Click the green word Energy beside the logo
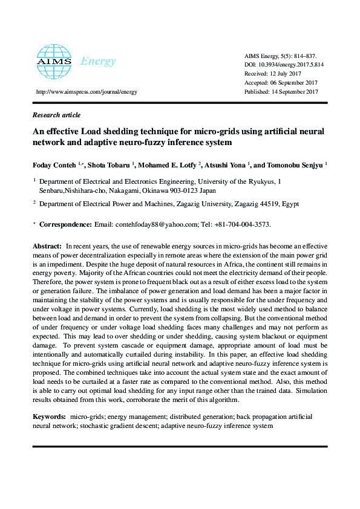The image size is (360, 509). point(98,61)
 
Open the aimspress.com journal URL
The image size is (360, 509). point(87,92)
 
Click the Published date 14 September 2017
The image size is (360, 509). point(281,92)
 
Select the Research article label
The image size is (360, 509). point(56,115)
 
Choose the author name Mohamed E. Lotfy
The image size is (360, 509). point(172,164)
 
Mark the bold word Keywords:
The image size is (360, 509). point(49,417)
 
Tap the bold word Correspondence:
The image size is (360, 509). point(66,224)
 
